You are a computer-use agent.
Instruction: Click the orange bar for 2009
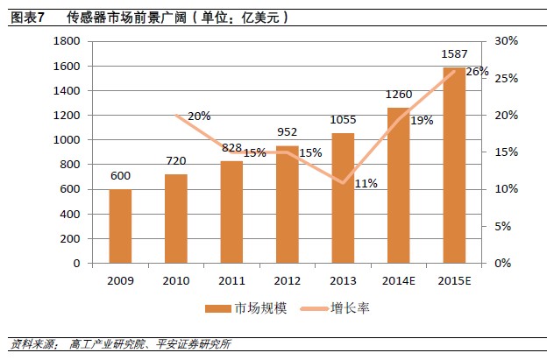(120, 226)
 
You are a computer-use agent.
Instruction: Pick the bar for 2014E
(398, 185)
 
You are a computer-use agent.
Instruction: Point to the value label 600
(120, 176)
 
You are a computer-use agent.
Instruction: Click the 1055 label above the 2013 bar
(343, 121)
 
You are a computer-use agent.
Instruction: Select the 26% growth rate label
(477, 71)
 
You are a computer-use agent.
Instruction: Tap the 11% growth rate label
(366, 183)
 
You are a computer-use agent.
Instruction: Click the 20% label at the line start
(199, 116)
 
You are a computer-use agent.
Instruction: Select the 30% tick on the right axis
(507, 42)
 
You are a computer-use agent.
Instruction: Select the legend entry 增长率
(346, 308)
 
